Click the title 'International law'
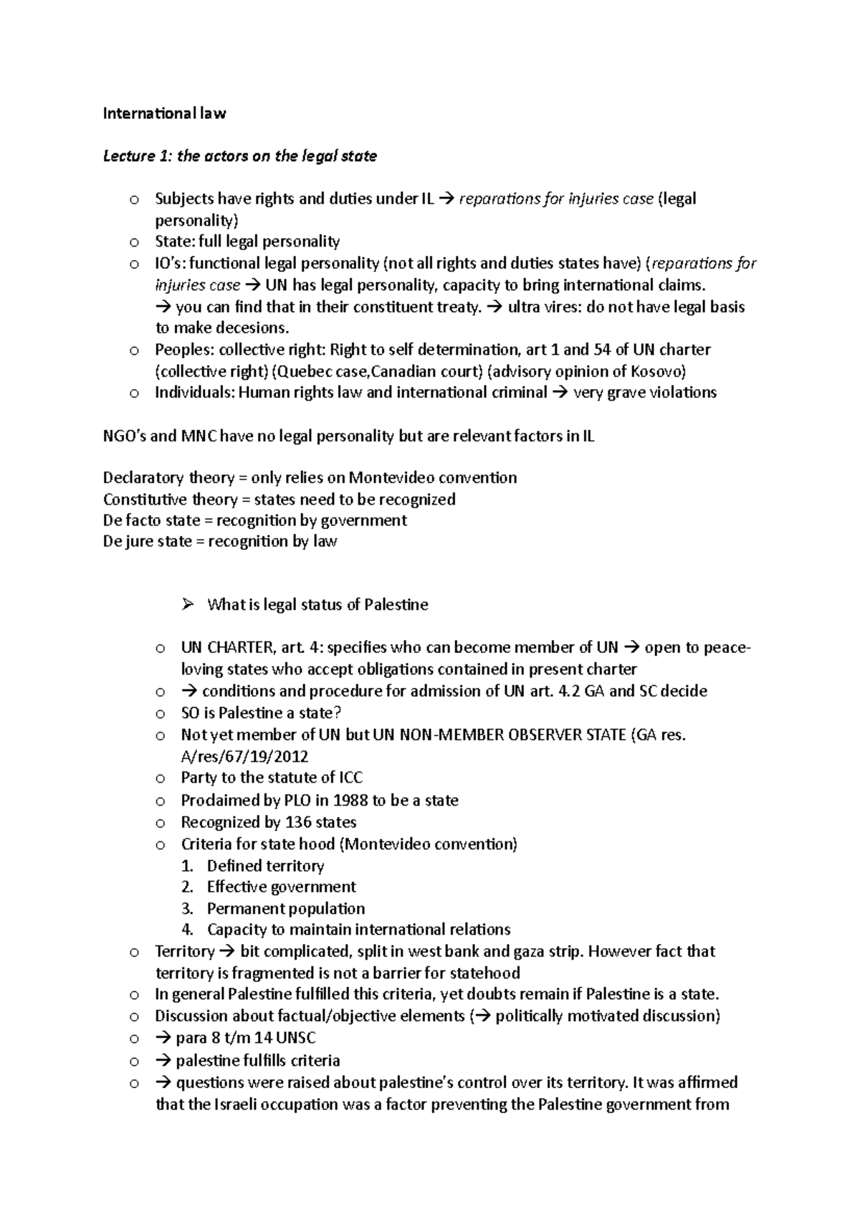point(164,113)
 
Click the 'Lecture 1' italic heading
point(129,156)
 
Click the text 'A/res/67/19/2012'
point(244,757)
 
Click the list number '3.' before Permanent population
point(188,909)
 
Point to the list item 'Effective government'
point(281,887)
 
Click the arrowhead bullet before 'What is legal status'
point(188,605)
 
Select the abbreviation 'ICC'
point(350,778)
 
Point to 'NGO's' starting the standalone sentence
point(125,436)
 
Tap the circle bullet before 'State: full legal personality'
point(133,242)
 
